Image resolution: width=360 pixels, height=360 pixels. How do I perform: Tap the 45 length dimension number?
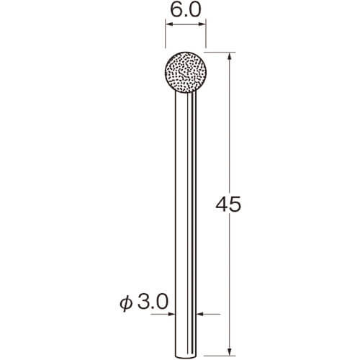pos(228,204)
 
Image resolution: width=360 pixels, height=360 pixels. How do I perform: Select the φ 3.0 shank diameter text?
pos(144,302)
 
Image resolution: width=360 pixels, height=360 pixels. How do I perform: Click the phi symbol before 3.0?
pos(126,303)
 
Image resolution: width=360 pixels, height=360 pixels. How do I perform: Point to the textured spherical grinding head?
pos(186,72)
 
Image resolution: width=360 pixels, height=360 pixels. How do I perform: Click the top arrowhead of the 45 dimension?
pos(230,57)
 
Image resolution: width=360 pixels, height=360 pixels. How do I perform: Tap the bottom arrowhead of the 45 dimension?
pos(230,352)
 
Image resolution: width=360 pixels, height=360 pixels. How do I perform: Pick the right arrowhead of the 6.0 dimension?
pos(201,24)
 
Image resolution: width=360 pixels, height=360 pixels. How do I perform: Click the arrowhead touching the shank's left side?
pos(171,314)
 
